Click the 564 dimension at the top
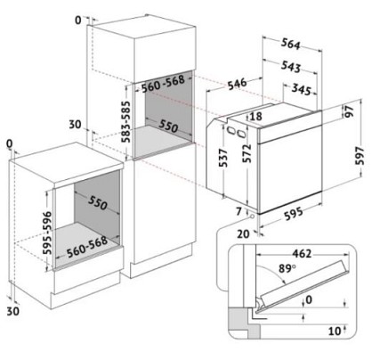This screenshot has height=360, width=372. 291,44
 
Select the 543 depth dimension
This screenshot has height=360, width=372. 291,67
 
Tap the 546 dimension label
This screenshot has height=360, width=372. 237,84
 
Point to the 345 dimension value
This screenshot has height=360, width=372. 301,89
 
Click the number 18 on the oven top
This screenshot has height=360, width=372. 255,116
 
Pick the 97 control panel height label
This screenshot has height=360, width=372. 349,110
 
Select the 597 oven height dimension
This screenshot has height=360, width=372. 360,156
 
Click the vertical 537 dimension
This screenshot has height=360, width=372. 223,158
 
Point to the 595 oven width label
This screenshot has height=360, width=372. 294,214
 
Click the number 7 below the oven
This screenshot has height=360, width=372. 239,211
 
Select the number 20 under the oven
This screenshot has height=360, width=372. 243,234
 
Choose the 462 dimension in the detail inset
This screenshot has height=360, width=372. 302,254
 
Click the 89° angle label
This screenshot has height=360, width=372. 287,268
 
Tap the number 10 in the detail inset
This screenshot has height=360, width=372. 335,331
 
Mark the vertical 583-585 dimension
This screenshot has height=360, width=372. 126,122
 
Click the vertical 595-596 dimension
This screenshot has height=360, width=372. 47,233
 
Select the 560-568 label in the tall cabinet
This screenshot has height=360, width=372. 163,84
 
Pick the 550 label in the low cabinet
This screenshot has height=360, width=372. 97,203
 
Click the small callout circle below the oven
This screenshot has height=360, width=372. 252,216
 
